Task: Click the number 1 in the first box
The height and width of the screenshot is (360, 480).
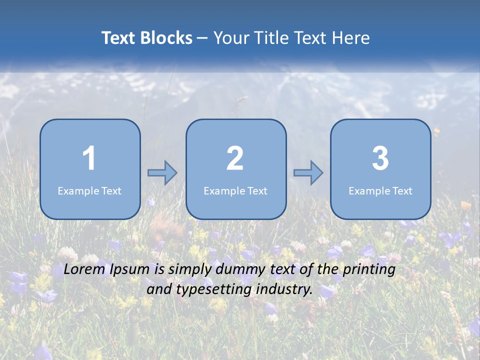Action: click(x=89, y=158)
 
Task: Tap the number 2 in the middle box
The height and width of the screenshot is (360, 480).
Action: click(x=235, y=158)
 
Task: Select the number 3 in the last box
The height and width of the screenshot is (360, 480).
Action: click(x=380, y=158)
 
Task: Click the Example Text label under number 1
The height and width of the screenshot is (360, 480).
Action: click(x=89, y=191)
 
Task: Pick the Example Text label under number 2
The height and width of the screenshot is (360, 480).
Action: click(x=235, y=191)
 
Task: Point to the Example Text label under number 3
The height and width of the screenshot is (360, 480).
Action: click(x=380, y=191)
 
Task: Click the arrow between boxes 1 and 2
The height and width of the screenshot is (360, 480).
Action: click(x=162, y=173)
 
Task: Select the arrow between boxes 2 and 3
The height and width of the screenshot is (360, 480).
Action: click(x=308, y=173)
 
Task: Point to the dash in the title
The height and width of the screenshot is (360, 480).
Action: click(x=202, y=38)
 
